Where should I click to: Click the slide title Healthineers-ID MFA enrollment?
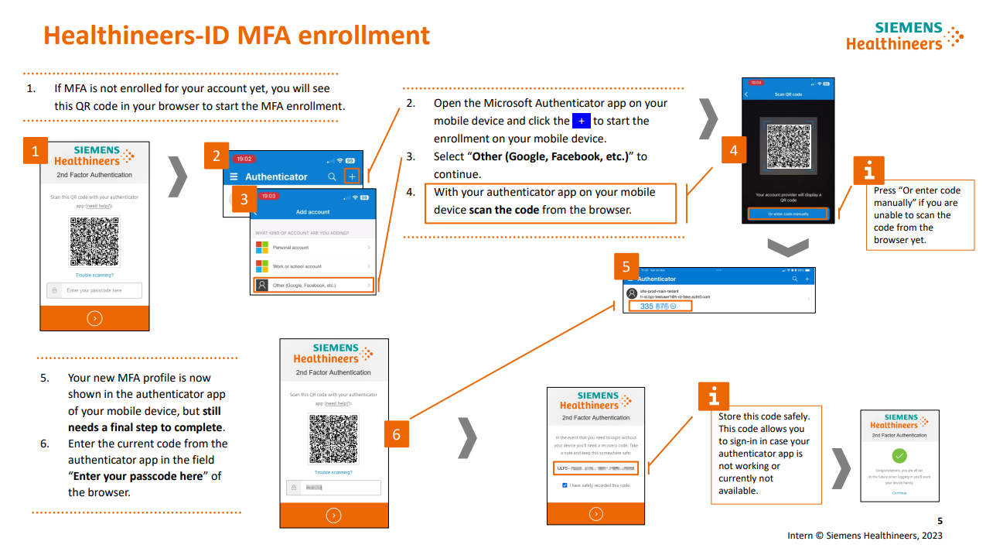[237, 36]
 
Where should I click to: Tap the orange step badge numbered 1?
[35, 150]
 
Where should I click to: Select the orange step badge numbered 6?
[396, 434]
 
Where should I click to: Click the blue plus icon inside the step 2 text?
[581, 121]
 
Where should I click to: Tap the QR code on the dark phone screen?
[787, 148]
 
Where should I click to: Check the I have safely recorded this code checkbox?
[565, 485]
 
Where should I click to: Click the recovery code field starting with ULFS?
[595, 468]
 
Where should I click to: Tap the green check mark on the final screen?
[899, 456]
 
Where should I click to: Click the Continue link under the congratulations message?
[899, 492]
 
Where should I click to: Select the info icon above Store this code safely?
[713, 396]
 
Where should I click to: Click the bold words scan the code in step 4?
[503, 210]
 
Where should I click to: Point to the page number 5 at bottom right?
[940, 521]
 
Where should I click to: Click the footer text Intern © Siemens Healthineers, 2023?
[865, 536]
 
